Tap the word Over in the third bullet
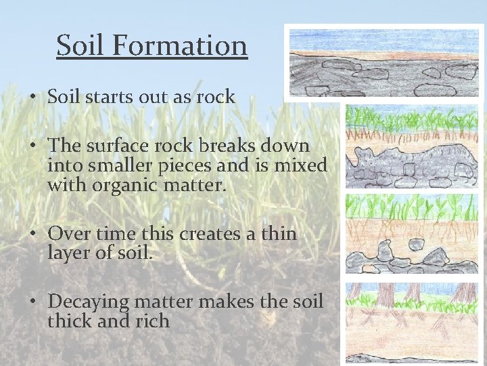(x=66, y=234)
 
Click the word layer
(x=72, y=253)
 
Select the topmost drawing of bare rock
(x=384, y=63)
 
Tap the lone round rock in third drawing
(x=415, y=245)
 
